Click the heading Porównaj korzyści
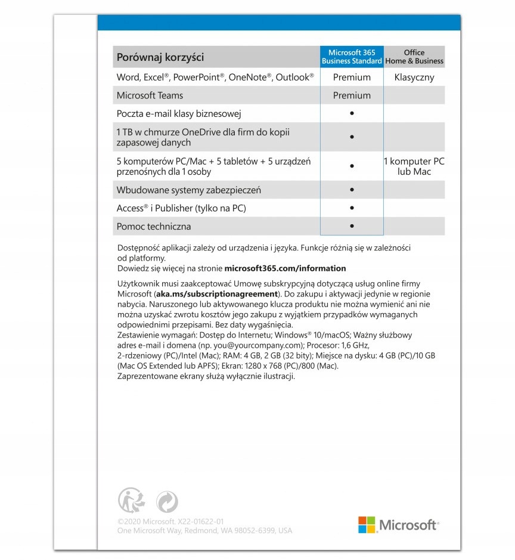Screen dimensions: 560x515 pyautogui.click(x=160, y=58)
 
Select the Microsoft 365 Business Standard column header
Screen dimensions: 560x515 pyautogui.click(x=352, y=57)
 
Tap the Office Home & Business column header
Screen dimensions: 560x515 pyautogui.click(x=414, y=57)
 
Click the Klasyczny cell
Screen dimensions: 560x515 pyautogui.click(x=414, y=78)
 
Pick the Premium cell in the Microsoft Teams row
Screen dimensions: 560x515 pyautogui.click(x=352, y=95)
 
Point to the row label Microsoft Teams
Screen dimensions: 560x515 pyautogui.click(x=150, y=95)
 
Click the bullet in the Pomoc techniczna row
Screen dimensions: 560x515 pyautogui.click(x=352, y=226)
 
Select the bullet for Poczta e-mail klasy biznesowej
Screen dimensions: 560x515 pyautogui.click(x=352, y=113)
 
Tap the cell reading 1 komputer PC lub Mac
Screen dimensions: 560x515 pyautogui.click(x=414, y=166)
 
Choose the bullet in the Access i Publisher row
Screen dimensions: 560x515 pyautogui.click(x=352, y=208)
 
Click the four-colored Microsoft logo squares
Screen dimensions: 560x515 pyautogui.click(x=367, y=525)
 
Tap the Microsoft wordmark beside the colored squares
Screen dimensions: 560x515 pyautogui.click(x=408, y=525)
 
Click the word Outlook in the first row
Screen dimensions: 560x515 pyautogui.click(x=292, y=78)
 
